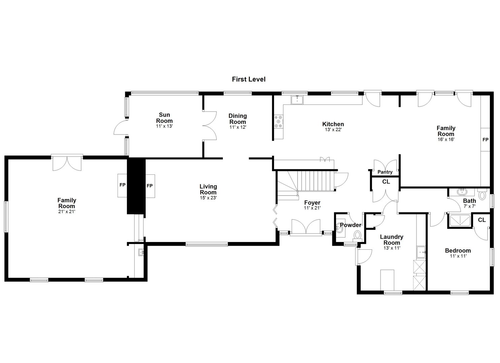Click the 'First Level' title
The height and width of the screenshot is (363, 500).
point(248,79)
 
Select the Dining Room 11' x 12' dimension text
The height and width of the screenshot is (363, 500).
point(238,127)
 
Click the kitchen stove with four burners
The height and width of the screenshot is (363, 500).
point(279,121)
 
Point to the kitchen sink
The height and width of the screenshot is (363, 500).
point(297,99)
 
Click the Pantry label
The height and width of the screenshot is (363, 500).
point(385,172)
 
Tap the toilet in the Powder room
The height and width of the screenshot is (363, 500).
point(357,235)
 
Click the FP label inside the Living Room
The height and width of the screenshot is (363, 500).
point(149,186)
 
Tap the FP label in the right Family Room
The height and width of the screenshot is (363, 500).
point(485,139)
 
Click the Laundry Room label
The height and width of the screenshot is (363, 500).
point(392,240)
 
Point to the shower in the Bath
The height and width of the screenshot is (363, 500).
point(460,220)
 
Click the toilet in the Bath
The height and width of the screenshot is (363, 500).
point(482,194)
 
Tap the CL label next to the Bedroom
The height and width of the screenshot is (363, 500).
point(482,220)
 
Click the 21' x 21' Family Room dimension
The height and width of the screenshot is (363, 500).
point(66,212)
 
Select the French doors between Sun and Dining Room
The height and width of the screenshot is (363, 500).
point(209,126)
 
